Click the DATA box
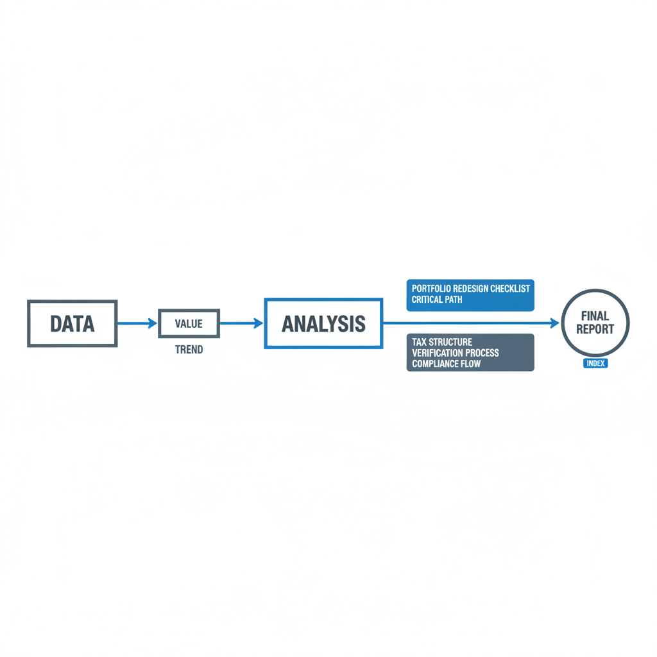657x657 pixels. pos(72,323)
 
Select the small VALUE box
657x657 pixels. pos(189,323)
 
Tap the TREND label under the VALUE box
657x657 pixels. pos(189,350)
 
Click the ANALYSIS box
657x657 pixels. pos(323,323)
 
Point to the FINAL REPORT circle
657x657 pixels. pos(595,323)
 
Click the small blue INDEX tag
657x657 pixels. pos(595,363)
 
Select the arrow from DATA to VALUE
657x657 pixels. pos(137,323)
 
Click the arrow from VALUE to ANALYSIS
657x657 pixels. pos(241,323)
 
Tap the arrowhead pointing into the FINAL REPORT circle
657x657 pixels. pos(555,323)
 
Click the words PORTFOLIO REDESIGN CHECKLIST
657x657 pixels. pos(471,289)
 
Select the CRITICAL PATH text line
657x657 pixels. pos(437,300)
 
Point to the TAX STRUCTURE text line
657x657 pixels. pos(442,342)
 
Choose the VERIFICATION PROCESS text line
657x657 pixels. pos(455,353)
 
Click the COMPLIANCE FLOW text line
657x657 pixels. pos(447,364)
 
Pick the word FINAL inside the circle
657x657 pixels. pos(595,316)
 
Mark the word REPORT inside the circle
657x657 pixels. pos(595,329)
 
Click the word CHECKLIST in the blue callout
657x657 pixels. pos(510,289)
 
